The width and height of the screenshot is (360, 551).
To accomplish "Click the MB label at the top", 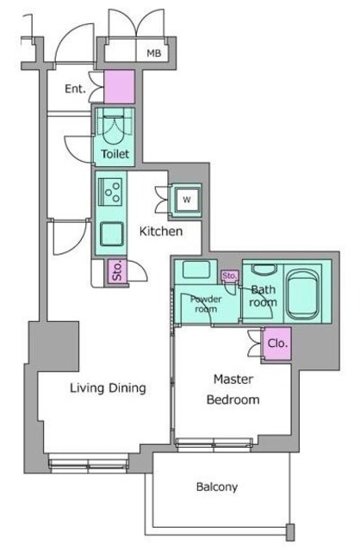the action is point(154,53).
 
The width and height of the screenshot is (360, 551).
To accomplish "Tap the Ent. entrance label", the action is point(75,89).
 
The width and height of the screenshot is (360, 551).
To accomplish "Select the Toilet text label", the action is point(115,154).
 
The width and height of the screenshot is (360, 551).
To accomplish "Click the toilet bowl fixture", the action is point(113,127).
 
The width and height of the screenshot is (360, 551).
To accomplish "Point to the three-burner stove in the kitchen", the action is point(110,192).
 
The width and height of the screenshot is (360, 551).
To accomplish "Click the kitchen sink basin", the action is point(112,233).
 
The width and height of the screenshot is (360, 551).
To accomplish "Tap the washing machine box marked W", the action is point(187,200).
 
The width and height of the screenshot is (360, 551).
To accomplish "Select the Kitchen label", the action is point(161,232).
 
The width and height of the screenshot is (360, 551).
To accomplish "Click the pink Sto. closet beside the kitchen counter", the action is point(117,271).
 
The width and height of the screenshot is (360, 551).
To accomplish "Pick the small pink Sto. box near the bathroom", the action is point(230,275).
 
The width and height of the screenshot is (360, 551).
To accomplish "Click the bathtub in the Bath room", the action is point(302,294).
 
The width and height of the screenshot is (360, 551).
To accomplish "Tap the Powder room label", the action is point(206,304).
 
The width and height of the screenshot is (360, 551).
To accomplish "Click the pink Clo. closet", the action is point(277,343).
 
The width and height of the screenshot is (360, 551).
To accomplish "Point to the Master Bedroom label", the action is point(233,389).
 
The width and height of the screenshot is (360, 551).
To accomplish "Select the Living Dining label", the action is point(108,388).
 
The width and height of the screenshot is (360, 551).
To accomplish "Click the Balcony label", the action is point(217,487).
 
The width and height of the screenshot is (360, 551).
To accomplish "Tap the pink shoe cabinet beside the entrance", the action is point(120,86).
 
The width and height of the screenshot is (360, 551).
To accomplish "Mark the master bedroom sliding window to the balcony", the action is point(214,444).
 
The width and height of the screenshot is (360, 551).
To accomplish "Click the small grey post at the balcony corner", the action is point(290,532).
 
